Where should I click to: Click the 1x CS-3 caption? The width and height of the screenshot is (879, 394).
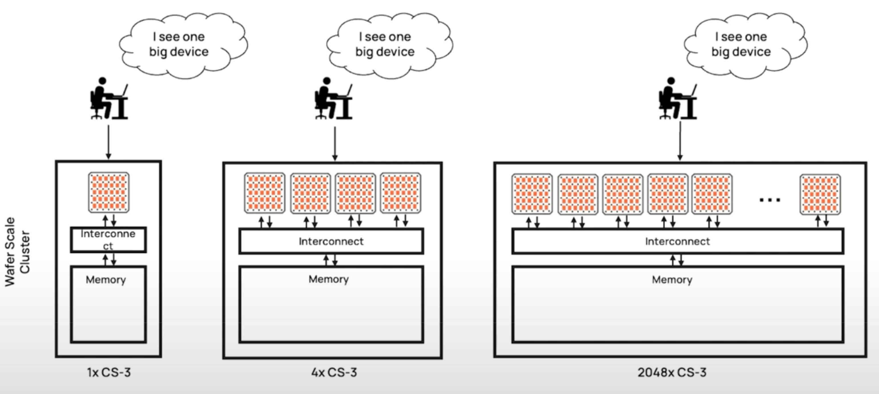[109, 372]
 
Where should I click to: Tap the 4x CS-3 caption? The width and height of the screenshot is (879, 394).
[334, 372]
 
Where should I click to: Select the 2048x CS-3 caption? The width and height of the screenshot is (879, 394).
[672, 372]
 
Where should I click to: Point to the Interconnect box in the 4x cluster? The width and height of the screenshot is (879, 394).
[331, 241]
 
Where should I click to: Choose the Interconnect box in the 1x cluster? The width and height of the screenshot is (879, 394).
[108, 240]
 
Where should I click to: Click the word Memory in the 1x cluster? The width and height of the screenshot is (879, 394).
[106, 280]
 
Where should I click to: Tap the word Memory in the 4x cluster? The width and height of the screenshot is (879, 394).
[328, 279]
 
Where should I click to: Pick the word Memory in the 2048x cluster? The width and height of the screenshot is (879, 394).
[672, 280]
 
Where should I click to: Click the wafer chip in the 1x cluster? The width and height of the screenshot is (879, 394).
[109, 192]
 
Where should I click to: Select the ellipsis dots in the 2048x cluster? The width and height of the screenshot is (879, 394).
[770, 200]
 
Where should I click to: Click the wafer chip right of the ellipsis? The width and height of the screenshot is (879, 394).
[820, 194]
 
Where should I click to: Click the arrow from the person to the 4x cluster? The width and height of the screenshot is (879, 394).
[335, 143]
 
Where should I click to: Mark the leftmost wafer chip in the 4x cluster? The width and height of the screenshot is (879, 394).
[265, 193]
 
